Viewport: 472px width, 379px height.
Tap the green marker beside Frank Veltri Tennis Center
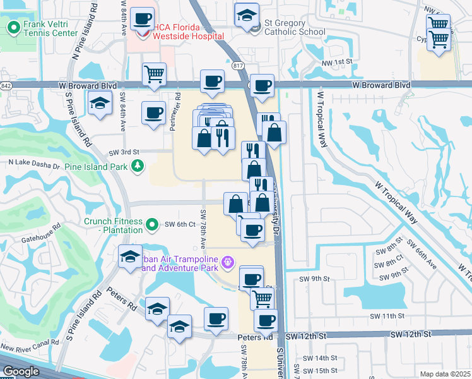(x=13, y=28)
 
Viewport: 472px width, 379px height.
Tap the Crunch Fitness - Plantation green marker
(x=151, y=224)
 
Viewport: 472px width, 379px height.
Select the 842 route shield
(x=6, y=85)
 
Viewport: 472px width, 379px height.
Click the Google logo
(x=21, y=371)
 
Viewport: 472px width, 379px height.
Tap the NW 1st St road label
(x=334, y=62)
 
